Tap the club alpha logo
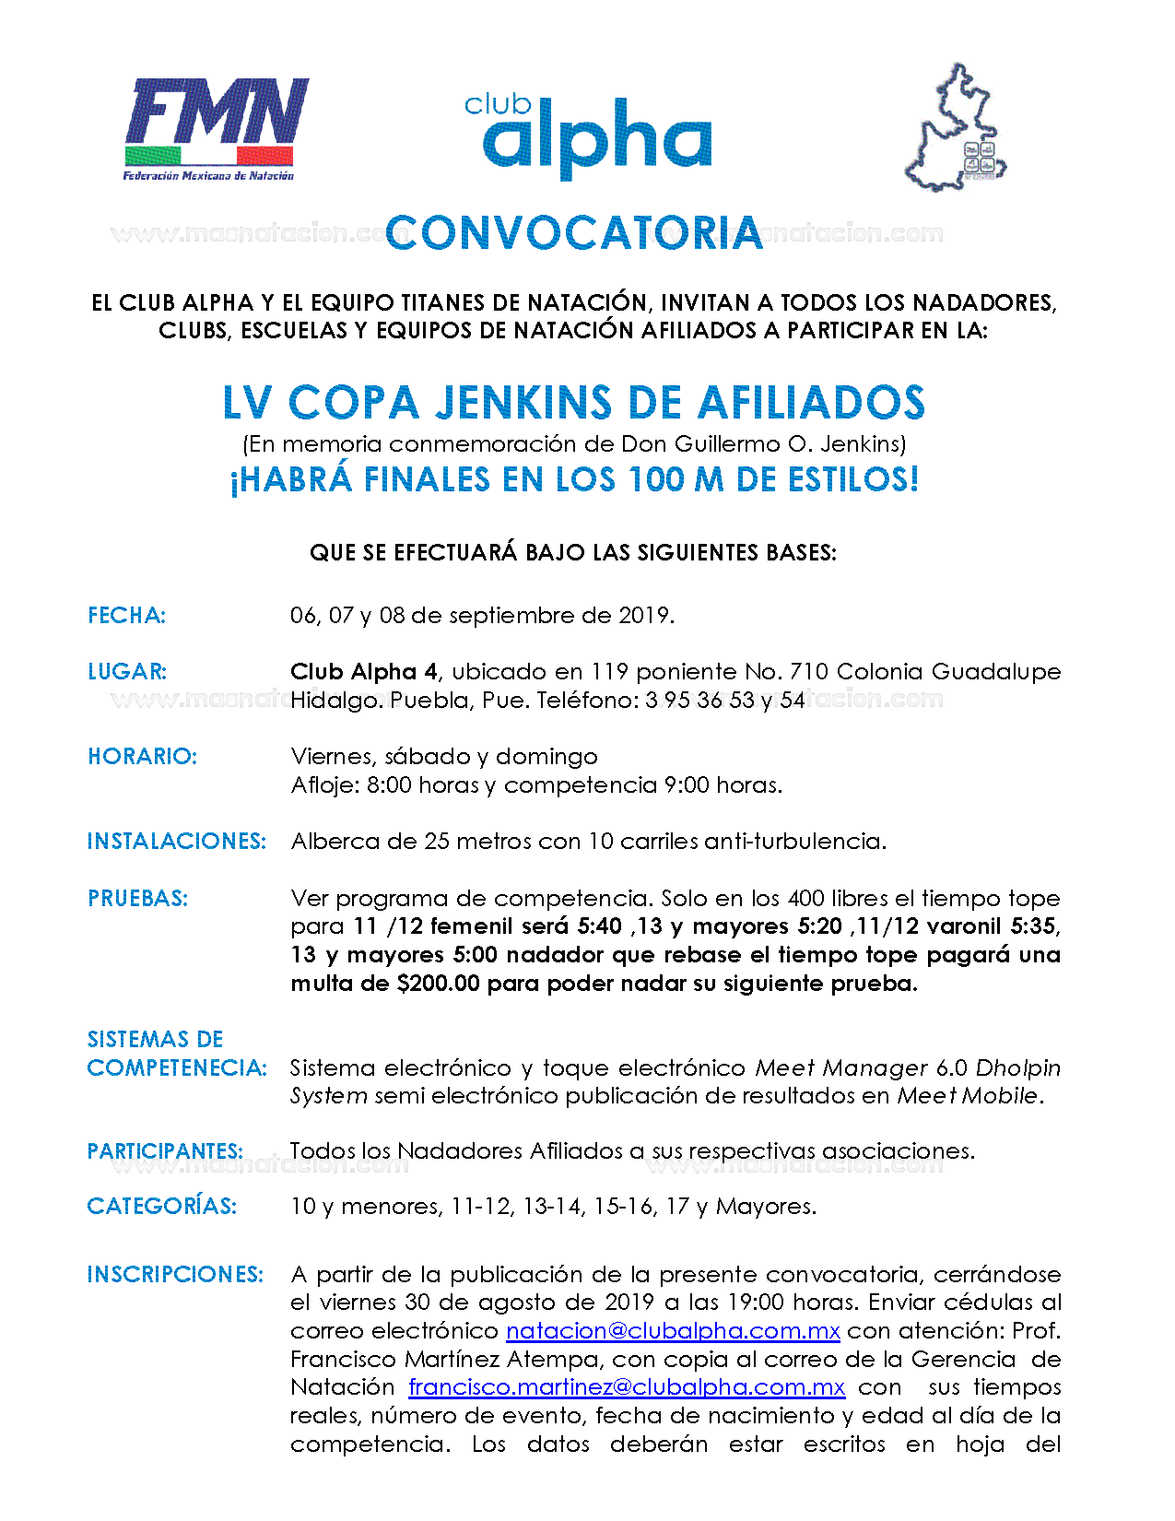[x=590, y=136]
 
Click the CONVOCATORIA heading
[x=574, y=233]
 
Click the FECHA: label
[x=126, y=616]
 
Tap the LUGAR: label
[x=127, y=672]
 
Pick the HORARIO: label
[x=142, y=757]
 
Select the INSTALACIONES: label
[x=176, y=842]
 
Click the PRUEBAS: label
[x=137, y=899]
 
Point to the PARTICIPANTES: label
[x=165, y=1151]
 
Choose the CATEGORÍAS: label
[x=161, y=1207]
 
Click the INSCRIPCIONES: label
[x=175, y=1275]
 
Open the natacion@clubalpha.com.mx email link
[x=673, y=1331]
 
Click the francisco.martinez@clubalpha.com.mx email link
[x=627, y=1387]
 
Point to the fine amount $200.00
[x=438, y=984]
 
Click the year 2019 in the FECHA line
[x=644, y=616]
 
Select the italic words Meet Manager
[x=841, y=1068]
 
